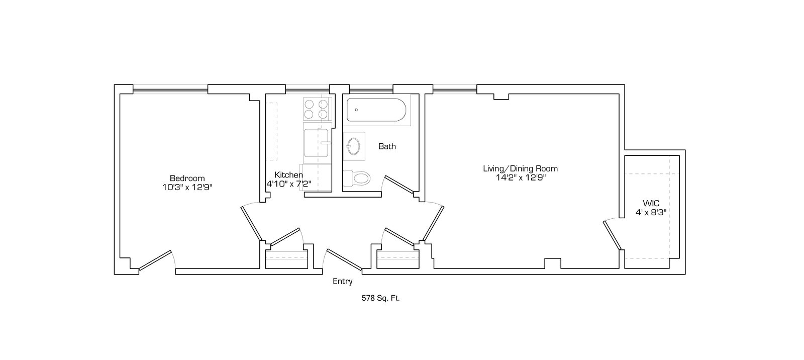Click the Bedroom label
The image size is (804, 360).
click(x=187, y=178)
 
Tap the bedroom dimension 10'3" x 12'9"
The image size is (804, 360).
click(x=187, y=187)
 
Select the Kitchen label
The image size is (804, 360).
click(x=288, y=175)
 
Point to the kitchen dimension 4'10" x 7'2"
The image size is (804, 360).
click(x=288, y=184)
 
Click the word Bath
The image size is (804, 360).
click(x=387, y=146)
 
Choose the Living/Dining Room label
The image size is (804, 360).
click(x=520, y=168)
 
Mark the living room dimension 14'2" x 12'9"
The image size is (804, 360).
click(x=521, y=177)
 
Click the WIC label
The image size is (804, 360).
click(x=651, y=203)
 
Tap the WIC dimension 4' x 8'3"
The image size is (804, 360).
click(x=651, y=212)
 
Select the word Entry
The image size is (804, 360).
click(x=342, y=282)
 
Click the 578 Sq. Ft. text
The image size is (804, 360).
click(x=380, y=298)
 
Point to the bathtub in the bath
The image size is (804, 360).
click(x=376, y=110)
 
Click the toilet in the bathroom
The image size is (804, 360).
click(x=356, y=178)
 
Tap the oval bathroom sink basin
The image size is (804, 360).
click(x=354, y=146)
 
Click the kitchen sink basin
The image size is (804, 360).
click(x=316, y=143)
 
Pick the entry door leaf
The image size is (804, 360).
click(x=344, y=259)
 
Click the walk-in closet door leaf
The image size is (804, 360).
click(x=612, y=235)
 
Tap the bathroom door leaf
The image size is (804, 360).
click(x=399, y=185)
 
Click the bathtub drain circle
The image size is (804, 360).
click(x=356, y=110)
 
